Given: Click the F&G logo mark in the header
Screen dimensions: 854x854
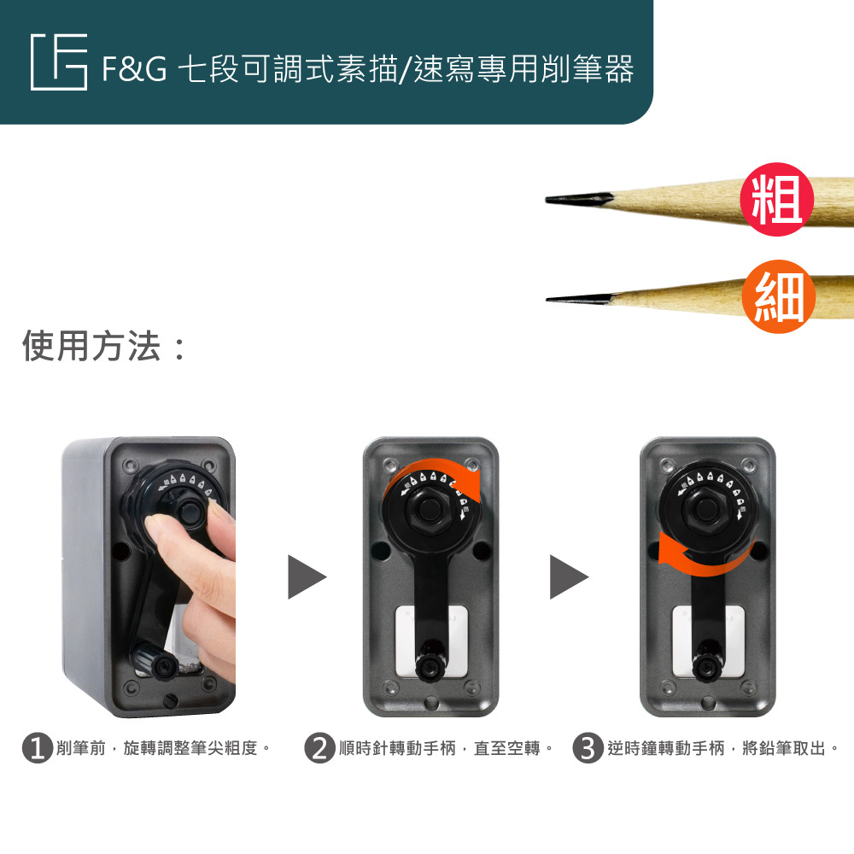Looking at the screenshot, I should (x=59, y=62).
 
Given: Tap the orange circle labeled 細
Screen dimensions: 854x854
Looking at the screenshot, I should (x=778, y=295).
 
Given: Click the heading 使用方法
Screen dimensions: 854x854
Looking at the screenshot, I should (x=92, y=347).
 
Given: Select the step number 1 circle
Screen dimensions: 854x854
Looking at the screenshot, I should (x=38, y=748).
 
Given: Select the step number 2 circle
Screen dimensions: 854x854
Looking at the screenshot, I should (x=319, y=748).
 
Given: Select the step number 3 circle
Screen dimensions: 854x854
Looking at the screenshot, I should (x=588, y=748).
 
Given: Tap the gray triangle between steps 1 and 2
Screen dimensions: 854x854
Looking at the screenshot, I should (x=307, y=576).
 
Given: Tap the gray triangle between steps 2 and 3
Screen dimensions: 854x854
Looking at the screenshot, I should (x=569, y=576).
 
